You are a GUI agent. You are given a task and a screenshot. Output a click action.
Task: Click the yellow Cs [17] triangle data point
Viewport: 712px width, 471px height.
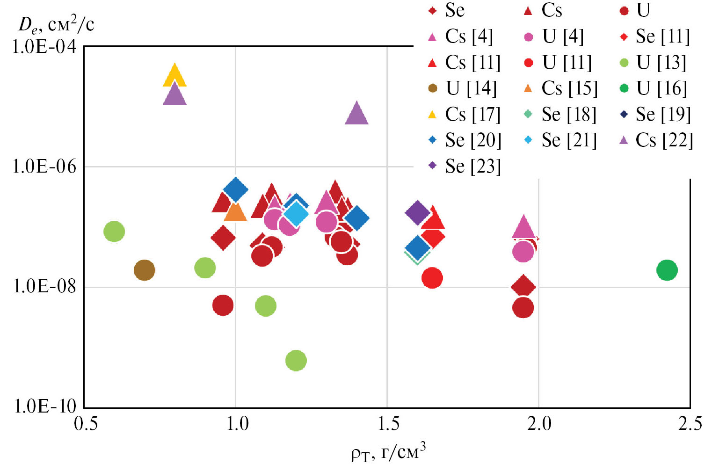click(174, 76)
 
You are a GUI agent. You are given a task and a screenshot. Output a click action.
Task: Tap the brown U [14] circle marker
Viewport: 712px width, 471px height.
click(144, 270)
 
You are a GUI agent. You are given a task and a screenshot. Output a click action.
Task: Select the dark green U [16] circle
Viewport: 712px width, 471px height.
click(667, 270)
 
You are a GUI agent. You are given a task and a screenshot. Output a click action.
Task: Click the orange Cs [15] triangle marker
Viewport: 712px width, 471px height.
click(235, 212)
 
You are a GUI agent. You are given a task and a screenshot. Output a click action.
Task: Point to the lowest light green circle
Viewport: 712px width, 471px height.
click(296, 361)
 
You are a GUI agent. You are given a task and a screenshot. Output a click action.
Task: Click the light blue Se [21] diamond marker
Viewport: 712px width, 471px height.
click(296, 213)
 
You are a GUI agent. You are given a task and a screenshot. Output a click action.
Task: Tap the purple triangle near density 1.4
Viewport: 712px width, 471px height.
click(356, 114)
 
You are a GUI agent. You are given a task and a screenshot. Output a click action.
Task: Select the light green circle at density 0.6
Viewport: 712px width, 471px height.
click(114, 231)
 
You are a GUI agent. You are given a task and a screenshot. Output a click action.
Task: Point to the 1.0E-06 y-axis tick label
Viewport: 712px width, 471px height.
click(44, 167)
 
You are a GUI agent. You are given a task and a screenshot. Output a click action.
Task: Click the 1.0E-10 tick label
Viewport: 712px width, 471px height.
click(45, 406)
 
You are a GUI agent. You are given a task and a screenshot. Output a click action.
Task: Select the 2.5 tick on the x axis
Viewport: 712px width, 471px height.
click(690, 424)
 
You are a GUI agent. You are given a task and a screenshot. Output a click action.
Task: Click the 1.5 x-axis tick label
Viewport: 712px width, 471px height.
click(387, 424)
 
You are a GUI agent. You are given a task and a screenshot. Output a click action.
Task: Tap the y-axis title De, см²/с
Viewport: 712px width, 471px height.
click(56, 24)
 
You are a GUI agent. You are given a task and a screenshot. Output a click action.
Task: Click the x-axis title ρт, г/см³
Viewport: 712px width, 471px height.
click(388, 452)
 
